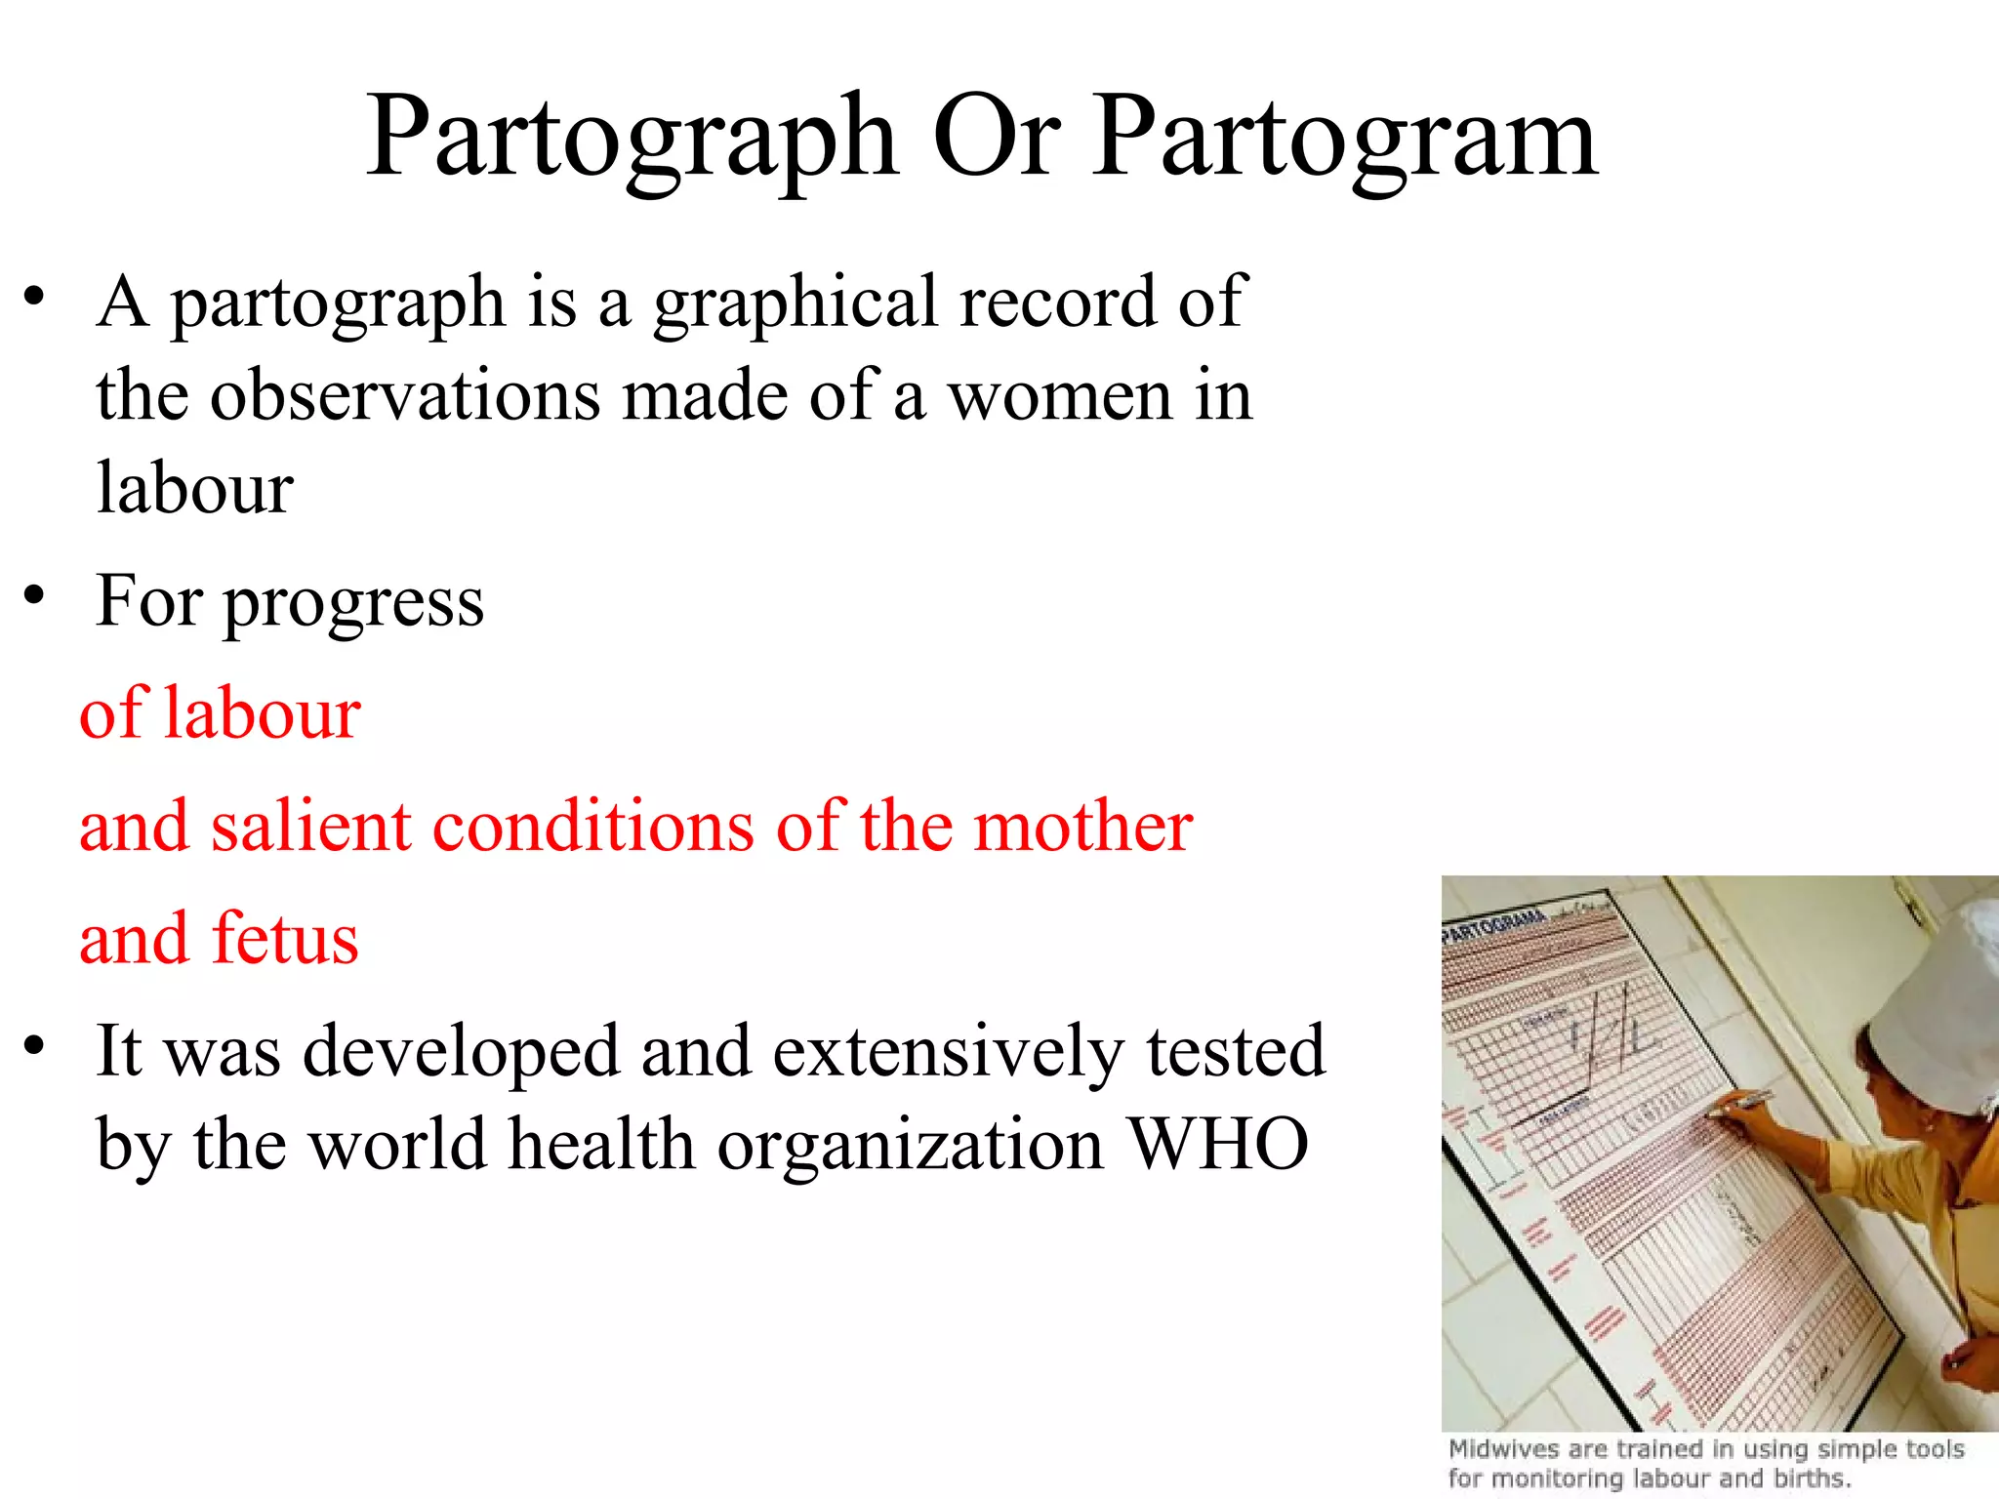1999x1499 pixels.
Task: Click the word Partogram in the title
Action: (x=1344, y=139)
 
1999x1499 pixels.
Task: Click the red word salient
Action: (x=313, y=826)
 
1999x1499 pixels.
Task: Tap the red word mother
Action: (x=1083, y=826)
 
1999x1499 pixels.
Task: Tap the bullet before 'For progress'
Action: (x=35, y=595)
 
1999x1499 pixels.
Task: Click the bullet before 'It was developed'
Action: (x=35, y=1045)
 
